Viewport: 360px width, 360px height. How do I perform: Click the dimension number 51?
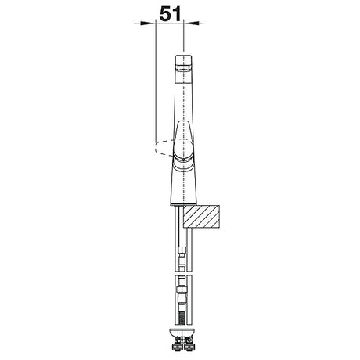(170, 14)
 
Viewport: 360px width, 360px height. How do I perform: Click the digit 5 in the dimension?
(164, 14)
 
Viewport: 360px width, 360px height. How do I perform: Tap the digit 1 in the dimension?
(177, 14)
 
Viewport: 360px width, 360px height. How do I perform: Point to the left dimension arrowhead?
(148, 23)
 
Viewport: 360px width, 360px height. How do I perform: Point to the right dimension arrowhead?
(191, 23)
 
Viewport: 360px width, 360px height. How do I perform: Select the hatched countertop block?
(201, 217)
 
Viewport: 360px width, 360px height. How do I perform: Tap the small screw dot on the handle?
(184, 160)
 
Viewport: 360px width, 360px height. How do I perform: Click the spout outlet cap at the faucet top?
(184, 63)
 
